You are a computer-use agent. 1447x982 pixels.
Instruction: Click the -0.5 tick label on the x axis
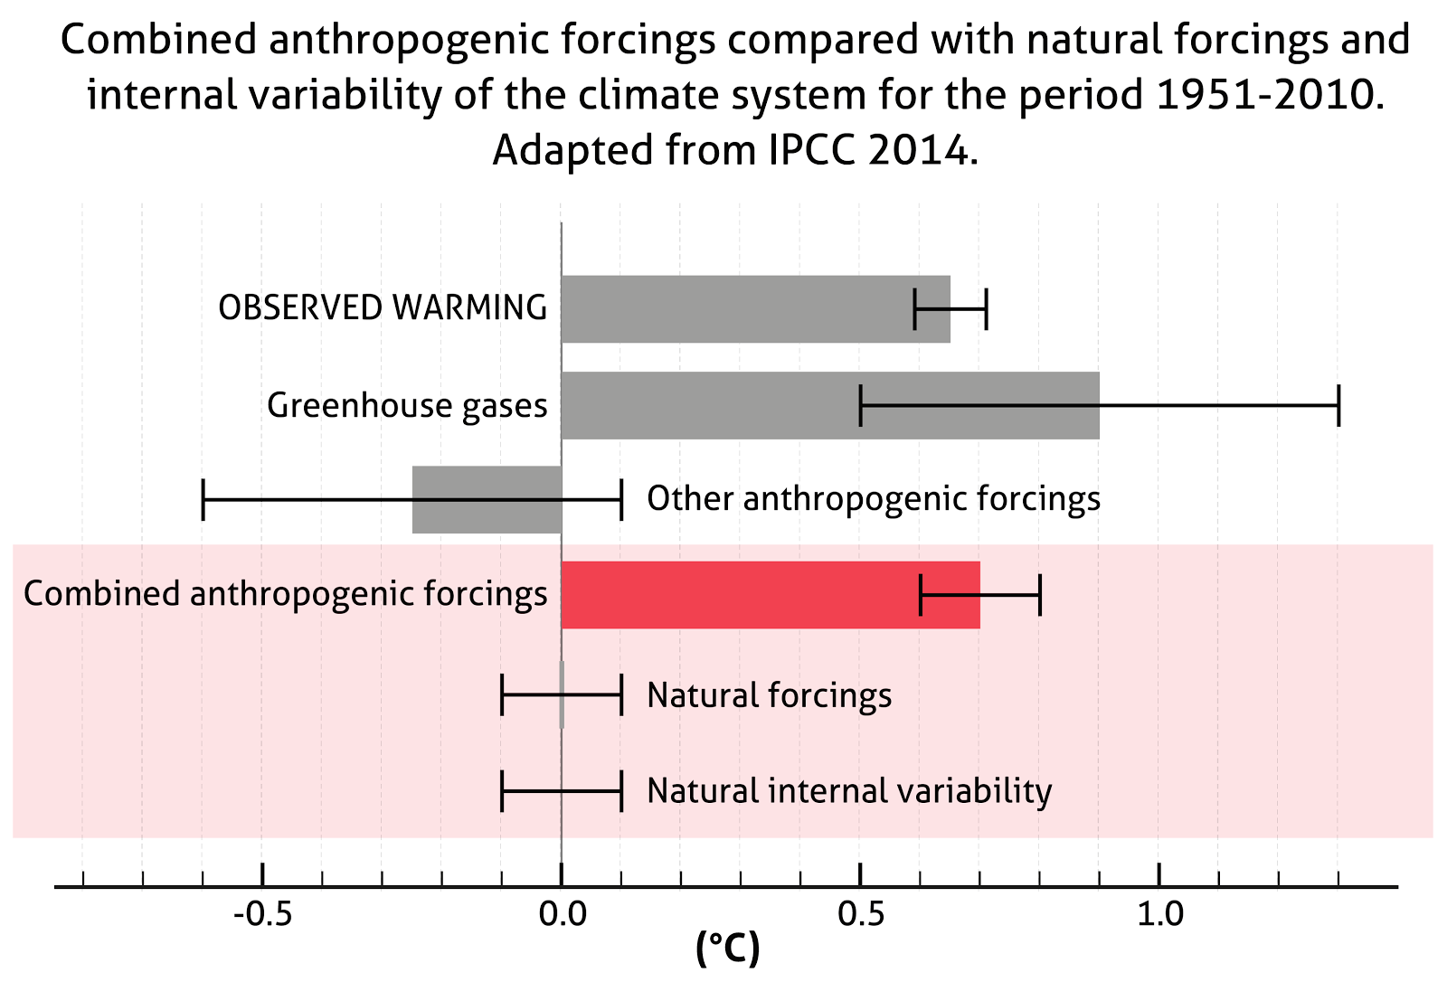click(x=262, y=915)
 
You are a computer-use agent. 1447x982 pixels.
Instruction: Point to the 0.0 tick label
click(x=562, y=915)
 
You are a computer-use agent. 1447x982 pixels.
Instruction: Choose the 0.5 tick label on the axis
click(x=860, y=915)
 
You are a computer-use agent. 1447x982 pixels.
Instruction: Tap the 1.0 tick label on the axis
click(x=1159, y=915)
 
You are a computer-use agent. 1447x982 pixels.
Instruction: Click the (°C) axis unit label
click(x=728, y=949)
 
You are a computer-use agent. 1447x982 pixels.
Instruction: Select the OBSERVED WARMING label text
click(x=383, y=308)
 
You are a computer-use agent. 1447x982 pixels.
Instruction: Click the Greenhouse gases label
click(x=407, y=405)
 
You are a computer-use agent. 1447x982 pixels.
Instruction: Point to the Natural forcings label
click(x=770, y=695)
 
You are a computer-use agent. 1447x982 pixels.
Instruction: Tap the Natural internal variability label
click(x=849, y=791)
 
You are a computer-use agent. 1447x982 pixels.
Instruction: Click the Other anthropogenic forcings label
click(x=874, y=498)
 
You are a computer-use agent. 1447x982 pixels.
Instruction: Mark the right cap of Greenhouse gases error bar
click(x=1338, y=405)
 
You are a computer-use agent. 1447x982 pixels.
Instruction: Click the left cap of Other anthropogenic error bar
click(x=203, y=500)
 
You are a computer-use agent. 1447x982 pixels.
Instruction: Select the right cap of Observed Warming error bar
click(x=986, y=308)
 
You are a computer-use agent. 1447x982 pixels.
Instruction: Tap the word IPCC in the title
click(x=812, y=150)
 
